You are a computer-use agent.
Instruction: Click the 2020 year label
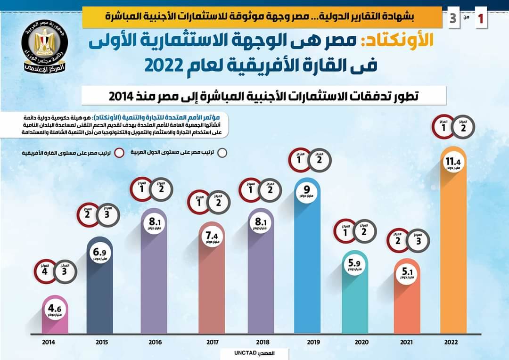pos(361,342)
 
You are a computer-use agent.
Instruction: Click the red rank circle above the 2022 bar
pos(443,126)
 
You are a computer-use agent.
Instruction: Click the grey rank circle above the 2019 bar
pos(319,160)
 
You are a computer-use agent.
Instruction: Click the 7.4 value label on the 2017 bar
pos(211,238)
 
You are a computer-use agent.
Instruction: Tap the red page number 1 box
pos(481,19)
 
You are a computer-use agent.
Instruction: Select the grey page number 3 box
pos(453,19)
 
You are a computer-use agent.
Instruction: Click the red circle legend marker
pos(119,153)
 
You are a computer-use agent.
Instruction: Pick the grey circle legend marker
pos(222,153)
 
